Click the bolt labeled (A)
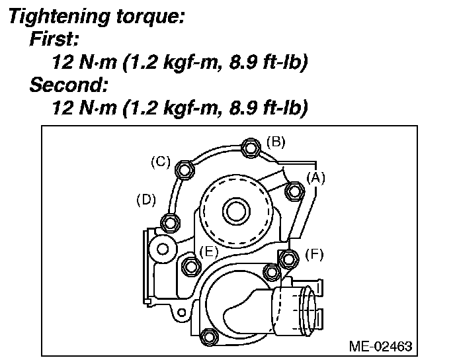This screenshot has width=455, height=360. [x=293, y=192]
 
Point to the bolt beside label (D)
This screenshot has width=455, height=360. [x=170, y=222]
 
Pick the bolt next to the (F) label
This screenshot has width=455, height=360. [x=287, y=258]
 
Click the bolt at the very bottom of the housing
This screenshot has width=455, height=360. [x=208, y=337]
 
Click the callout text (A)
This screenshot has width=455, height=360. [x=315, y=177]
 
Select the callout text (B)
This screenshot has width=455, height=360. [x=276, y=140]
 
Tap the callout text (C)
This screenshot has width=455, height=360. [x=161, y=161]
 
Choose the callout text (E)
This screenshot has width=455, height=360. [x=209, y=251]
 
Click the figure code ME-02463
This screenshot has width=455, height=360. [x=381, y=346]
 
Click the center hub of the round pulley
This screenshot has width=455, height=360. [x=236, y=212]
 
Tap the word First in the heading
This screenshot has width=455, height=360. [x=54, y=38]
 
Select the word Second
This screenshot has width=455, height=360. [x=66, y=85]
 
